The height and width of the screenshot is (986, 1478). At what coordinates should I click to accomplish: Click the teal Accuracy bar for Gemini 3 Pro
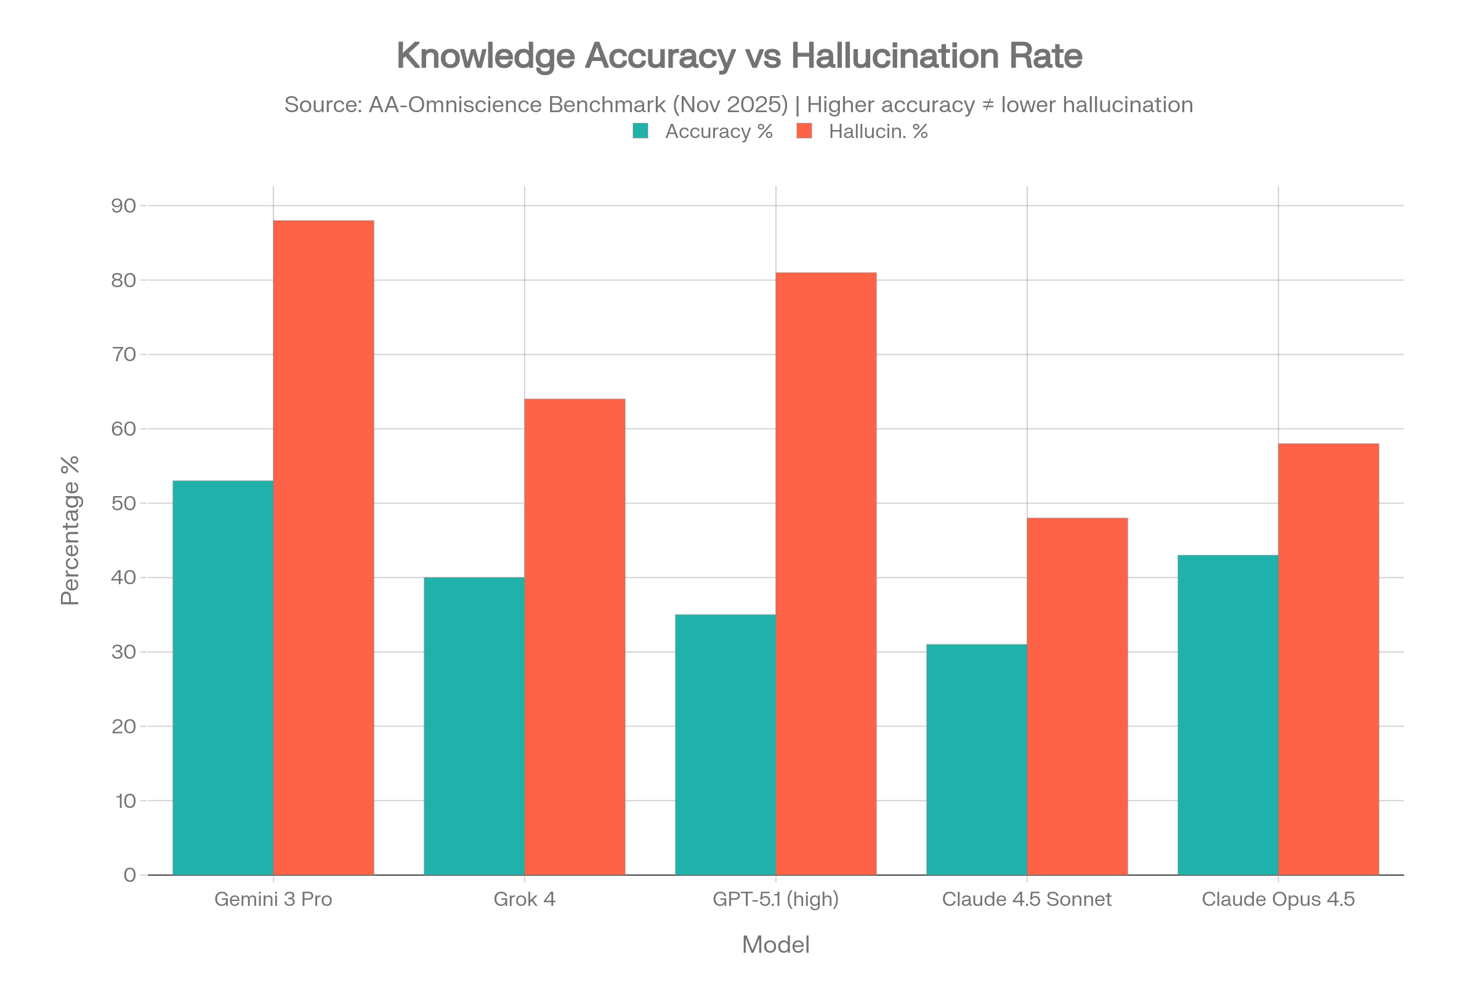pos(222,677)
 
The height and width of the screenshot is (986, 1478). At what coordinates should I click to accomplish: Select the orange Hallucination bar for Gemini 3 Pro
pos(324,547)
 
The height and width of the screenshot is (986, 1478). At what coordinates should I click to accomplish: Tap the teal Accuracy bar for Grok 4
pos(474,726)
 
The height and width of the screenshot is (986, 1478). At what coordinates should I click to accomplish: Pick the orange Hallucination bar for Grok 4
pos(575,637)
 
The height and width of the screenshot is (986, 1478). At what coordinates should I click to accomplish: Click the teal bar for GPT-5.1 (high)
pos(725,744)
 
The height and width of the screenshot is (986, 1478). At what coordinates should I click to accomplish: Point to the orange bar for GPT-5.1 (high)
pos(826,573)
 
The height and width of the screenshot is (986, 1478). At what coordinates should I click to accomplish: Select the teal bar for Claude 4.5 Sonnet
pos(977,759)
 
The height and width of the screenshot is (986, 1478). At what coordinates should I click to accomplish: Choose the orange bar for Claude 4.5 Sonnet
pos(1078,696)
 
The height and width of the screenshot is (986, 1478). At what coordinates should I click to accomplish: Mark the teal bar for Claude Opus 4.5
pos(1227,714)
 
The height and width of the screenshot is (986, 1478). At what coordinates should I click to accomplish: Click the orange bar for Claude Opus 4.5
pos(1328,659)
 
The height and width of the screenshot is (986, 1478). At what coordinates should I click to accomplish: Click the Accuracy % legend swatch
pos(640,131)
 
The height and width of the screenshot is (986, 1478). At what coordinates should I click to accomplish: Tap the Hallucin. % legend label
pos(878,131)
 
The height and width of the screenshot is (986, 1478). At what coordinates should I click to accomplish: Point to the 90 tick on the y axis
pos(124,206)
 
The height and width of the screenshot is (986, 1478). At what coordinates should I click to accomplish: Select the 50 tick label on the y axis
pos(124,503)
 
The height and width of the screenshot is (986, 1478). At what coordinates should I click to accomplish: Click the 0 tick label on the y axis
pos(130,874)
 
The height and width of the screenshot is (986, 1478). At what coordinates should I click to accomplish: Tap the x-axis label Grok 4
pos(525,899)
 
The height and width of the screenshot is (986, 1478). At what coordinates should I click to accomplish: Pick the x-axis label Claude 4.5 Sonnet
pos(1027,899)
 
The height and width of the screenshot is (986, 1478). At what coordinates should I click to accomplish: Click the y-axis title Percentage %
pos(70,530)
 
